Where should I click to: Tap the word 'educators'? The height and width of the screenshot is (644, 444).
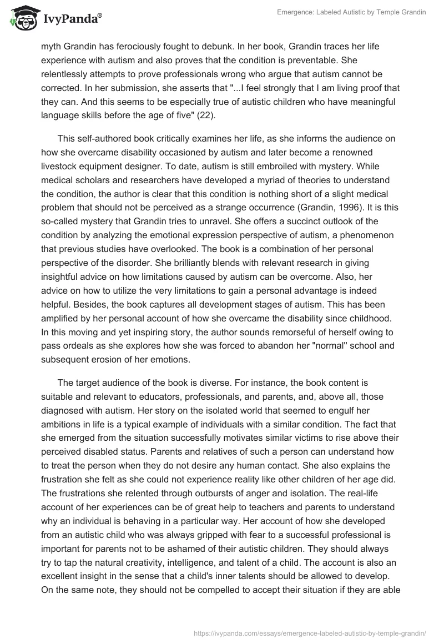click(x=167, y=396)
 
